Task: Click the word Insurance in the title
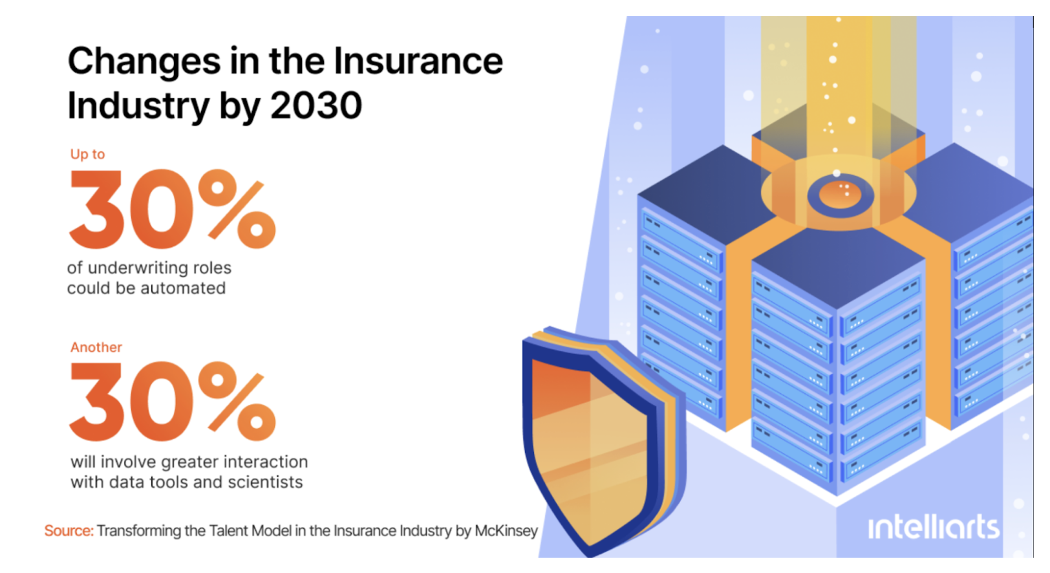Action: (x=418, y=61)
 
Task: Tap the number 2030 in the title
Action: (x=316, y=105)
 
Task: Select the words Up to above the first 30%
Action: (x=87, y=154)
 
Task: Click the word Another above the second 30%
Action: (x=96, y=347)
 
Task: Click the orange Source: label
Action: (x=69, y=531)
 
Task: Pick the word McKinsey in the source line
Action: (x=506, y=531)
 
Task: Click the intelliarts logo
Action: (x=933, y=528)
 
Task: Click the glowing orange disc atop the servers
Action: (x=839, y=193)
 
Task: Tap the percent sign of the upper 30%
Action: (x=237, y=209)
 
